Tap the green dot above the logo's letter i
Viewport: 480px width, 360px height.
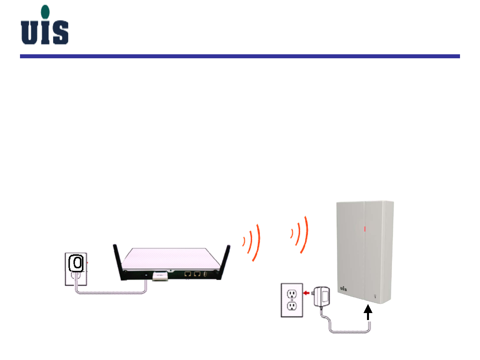[x=45, y=12]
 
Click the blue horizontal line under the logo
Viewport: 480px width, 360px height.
[x=240, y=56]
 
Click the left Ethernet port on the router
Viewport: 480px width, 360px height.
[x=188, y=274]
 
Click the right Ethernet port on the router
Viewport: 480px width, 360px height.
[x=197, y=274]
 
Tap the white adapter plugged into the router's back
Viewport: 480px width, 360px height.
[x=160, y=276]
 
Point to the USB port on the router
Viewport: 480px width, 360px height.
[x=205, y=274]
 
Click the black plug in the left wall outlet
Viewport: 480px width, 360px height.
[x=77, y=263]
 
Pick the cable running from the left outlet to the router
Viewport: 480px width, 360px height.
[x=110, y=293]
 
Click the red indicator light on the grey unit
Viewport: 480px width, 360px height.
[x=365, y=229]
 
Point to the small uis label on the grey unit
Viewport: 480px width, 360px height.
[x=343, y=288]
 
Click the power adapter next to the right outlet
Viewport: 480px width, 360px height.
[x=322, y=296]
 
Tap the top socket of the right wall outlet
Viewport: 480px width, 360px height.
[x=292, y=294]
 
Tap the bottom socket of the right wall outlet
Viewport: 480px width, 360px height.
[x=292, y=306]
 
